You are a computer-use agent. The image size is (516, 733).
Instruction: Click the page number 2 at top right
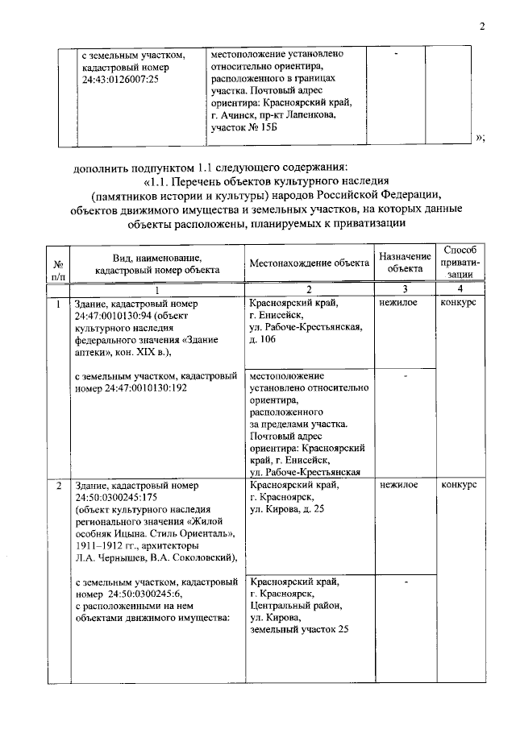[481, 27]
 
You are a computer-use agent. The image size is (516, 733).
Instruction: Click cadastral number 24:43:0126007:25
[120, 80]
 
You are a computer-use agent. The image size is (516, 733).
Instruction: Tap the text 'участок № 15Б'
[243, 127]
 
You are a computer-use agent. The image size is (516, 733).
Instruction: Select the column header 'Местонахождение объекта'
[309, 263]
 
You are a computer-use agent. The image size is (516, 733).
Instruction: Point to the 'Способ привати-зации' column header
[460, 262]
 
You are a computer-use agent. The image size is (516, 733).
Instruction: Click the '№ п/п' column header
[58, 268]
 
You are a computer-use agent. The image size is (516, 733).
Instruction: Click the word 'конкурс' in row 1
[460, 302]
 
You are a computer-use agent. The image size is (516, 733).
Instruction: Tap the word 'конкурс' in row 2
[460, 486]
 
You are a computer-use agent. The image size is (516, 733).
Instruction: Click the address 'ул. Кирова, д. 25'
[288, 509]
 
